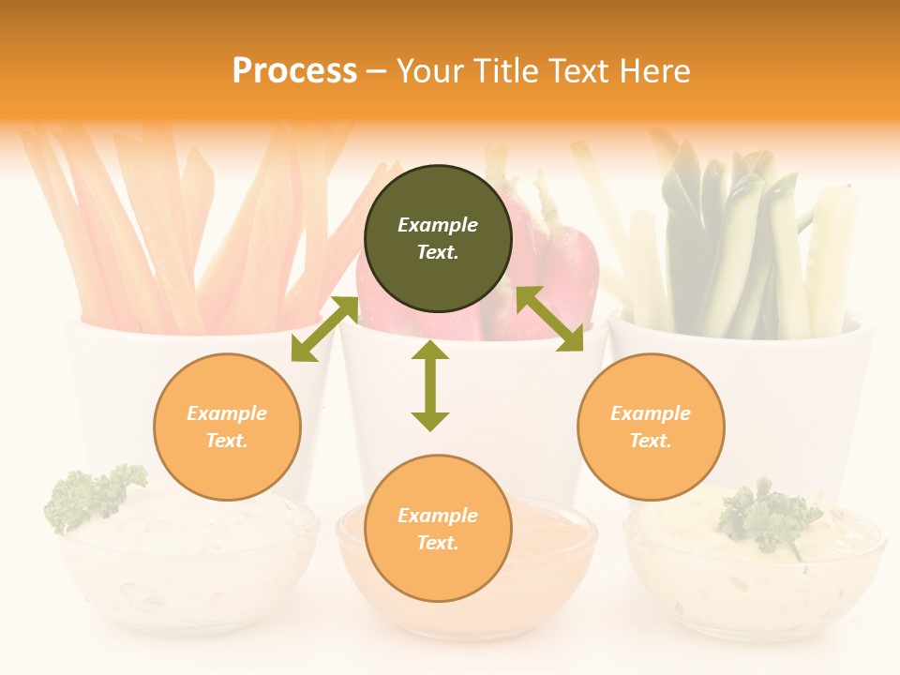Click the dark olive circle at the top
(438, 239)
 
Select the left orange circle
(227, 427)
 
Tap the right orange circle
(651, 427)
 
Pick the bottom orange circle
(438, 529)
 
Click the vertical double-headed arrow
(430, 385)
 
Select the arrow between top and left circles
(324, 328)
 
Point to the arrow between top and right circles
(549, 319)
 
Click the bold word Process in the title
(294, 71)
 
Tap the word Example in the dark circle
(438, 225)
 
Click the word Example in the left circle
(227, 413)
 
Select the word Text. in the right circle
(651, 441)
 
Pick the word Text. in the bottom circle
(438, 543)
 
